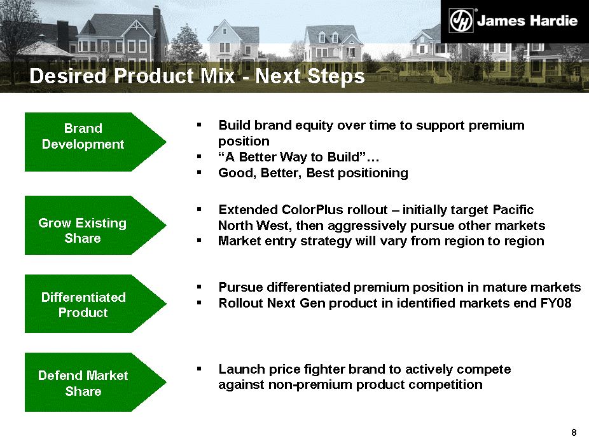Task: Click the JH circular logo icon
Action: click(461, 21)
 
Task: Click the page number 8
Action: click(574, 432)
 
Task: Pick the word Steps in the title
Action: click(336, 76)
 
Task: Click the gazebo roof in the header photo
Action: click(45, 49)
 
